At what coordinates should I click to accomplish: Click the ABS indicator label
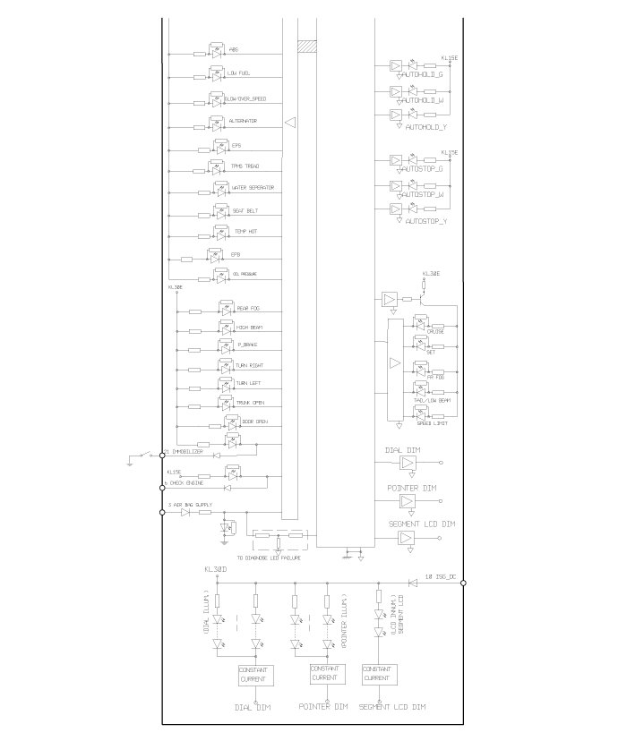point(234,50)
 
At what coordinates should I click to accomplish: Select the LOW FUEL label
point(238,73)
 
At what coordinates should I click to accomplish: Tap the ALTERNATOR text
point(243,121)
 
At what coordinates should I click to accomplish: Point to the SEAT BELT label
point(246,210)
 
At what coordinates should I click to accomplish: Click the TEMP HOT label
point(246,232)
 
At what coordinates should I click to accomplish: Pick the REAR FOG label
point(248,310)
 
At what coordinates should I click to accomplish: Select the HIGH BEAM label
point(249,328)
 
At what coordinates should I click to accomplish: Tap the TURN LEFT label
point(249,385)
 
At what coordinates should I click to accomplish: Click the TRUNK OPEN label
point(249,404)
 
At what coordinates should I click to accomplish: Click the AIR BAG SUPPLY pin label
point(191,507)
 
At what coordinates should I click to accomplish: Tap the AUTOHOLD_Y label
point(426,128)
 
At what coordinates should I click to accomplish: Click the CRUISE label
point(436,332)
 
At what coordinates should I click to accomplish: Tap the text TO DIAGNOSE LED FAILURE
point(275,558)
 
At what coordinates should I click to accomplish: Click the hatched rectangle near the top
point(309,44)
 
